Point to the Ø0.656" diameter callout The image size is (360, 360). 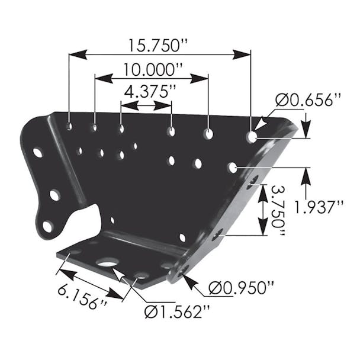click(308, 99)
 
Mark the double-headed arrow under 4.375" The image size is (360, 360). click(146, 106)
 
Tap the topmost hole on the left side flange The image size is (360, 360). click(38, 152)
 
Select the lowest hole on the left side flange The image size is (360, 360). click(47, 226)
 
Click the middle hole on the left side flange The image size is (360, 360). click(54, 194)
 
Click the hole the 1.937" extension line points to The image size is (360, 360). click(233, 168)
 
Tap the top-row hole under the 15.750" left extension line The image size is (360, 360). click(70, 126)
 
